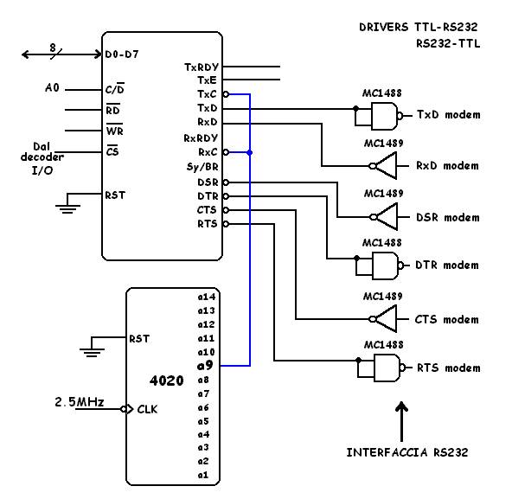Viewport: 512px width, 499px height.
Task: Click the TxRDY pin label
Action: (202, 67)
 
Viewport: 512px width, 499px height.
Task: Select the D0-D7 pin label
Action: (122, 54)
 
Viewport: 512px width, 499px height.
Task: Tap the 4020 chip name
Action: (167, 381)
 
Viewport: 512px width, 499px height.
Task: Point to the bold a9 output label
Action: (205, 366)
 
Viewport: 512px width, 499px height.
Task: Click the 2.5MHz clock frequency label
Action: (80, 401)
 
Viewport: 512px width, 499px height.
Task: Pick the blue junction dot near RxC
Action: (250, 152)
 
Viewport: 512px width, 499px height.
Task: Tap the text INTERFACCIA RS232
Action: (407, 452)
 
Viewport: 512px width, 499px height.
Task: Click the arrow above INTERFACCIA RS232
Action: (401, 421)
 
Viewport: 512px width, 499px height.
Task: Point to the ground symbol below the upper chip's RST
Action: (67, 208)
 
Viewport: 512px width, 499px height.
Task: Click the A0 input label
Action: (52, 87)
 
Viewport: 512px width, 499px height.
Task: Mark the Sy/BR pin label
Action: (202, 167)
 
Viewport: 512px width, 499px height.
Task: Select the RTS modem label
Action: (449, 368)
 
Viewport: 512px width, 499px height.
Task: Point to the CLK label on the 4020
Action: (147, 409)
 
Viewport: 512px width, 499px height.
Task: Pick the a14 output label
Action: (207, 297)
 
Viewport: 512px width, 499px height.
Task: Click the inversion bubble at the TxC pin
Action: (226, 94)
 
